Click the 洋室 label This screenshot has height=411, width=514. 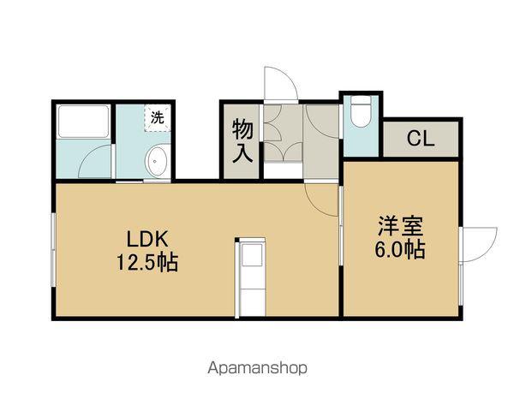pos(402,229)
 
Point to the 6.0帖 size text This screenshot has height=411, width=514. pos(402,251)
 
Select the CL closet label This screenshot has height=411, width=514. pos(420,139)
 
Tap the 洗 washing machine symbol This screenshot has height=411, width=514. pos(156,118)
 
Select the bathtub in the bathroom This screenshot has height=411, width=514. pos(83,123)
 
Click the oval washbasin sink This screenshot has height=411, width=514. pos(157,162)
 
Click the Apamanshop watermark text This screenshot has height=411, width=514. pos(256,369)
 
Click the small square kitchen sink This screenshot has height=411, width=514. pos(252,255)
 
